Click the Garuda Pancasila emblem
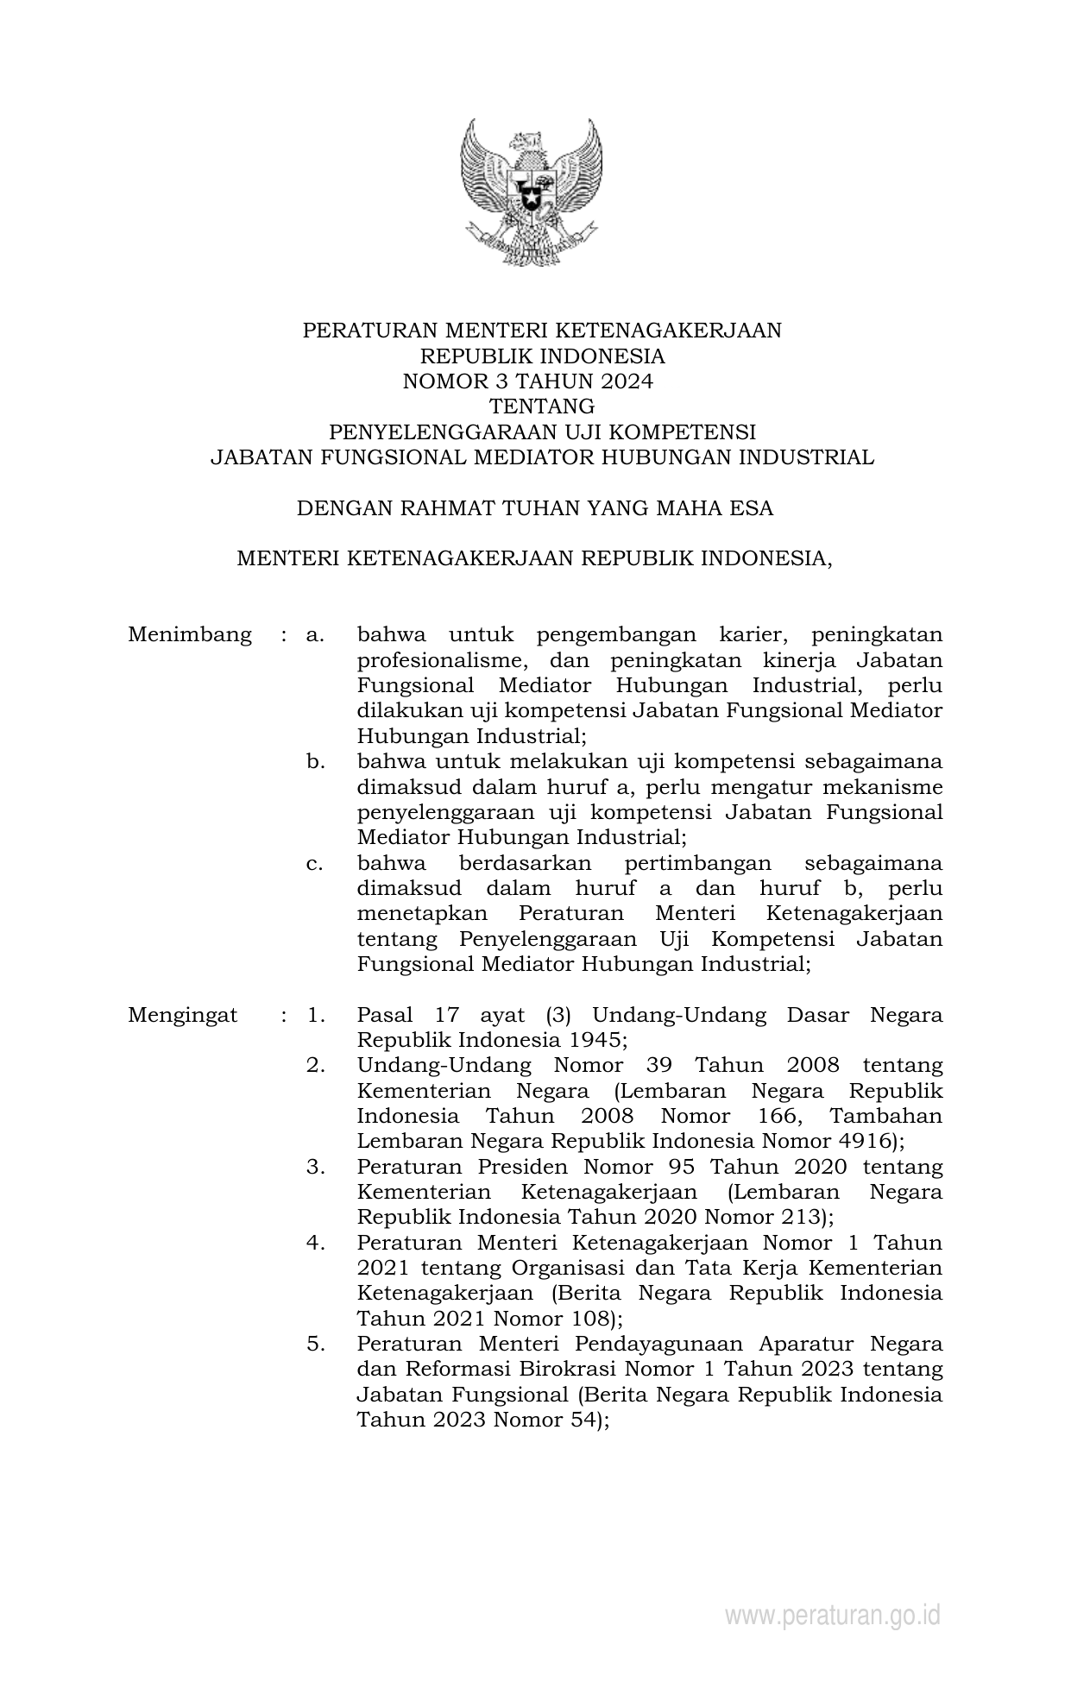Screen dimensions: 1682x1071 [531, 194]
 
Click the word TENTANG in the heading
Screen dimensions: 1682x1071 [541, 406]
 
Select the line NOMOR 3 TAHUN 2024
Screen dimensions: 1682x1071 [528, 381]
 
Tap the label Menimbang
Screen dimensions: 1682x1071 [190, 635]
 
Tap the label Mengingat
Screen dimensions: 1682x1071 [183, 1015]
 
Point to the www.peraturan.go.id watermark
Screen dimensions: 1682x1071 [832, 1616]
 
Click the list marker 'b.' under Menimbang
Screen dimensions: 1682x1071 [315, 762]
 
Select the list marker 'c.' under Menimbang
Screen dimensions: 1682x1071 [315, 863]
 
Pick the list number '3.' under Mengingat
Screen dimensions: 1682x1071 [315, 1167]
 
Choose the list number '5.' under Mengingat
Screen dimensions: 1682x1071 [315, 1344]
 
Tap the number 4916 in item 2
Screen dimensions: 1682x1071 [866, 1141]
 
